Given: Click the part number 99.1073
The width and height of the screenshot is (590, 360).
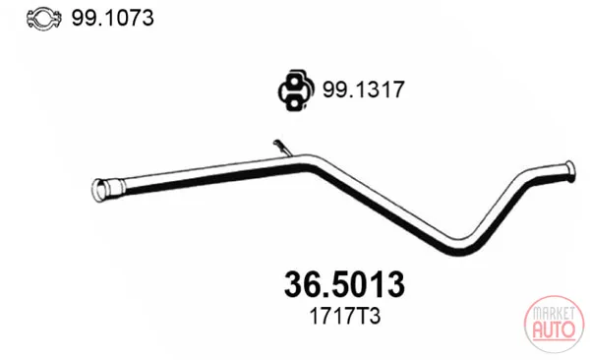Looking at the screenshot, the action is (112, 18).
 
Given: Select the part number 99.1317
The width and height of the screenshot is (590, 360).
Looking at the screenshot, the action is (363, 90).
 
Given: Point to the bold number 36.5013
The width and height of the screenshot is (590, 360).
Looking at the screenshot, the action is (344, 284).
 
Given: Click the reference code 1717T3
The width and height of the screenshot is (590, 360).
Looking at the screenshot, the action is (345, 317).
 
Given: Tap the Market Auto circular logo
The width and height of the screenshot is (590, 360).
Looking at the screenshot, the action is (554, 324).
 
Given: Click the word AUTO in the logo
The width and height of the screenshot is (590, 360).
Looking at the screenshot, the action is (554, 330).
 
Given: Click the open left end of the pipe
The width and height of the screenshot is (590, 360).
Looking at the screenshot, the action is (98, 191).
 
